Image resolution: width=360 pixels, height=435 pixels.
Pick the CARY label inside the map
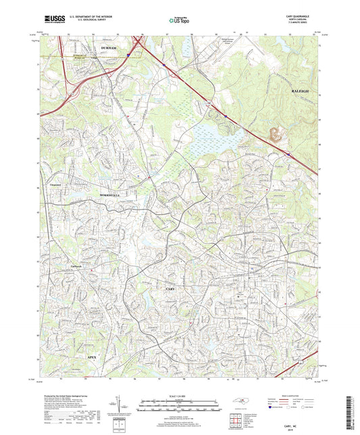coord(170,288)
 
